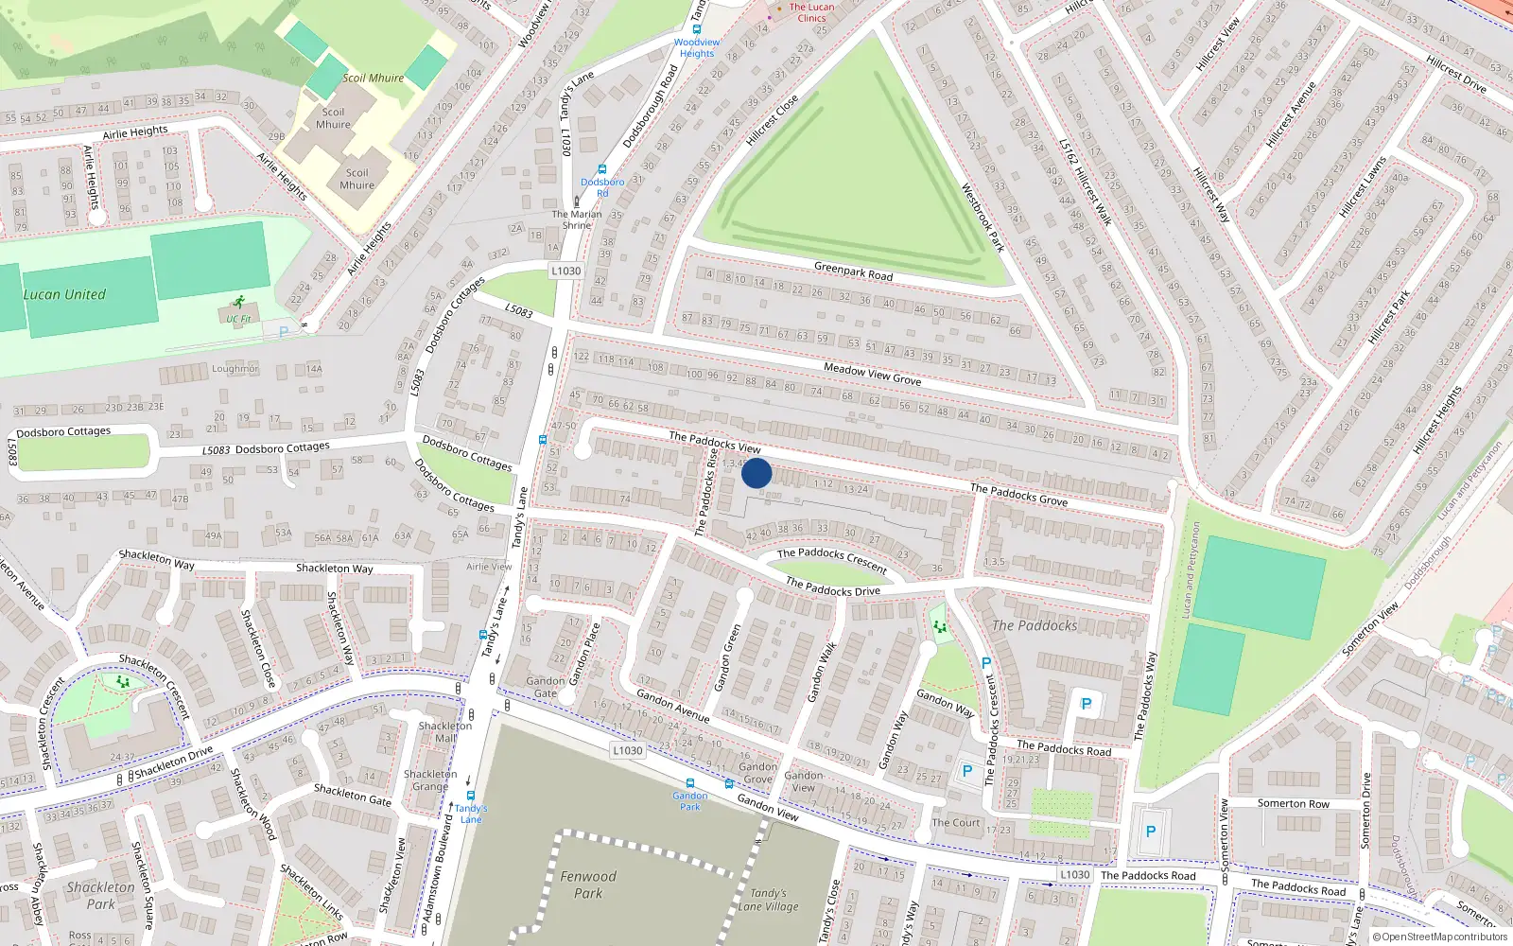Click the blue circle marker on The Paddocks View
756,473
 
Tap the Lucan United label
64,294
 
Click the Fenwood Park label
588,885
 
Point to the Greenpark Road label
853,272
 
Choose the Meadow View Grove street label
872,374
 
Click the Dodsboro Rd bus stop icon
602,169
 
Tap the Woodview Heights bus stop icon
697,29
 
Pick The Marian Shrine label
577,219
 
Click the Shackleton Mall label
445,732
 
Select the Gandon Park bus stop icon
690,783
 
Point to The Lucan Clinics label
811,12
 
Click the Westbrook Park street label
983,217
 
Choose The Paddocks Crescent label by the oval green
832,559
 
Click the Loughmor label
235,369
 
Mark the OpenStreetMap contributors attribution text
1440,937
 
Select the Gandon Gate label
546,687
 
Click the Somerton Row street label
1293,803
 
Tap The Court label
956,823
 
